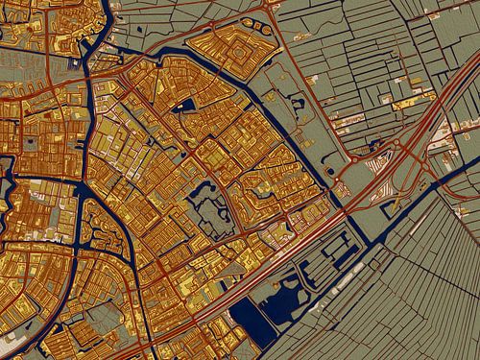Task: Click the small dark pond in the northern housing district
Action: coord(188,105)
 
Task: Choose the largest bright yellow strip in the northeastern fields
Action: coord(409,101)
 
